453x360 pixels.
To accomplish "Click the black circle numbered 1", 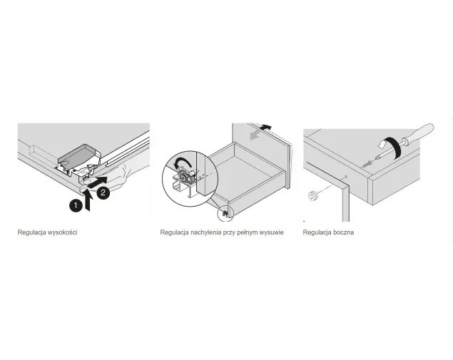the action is pos(76,205).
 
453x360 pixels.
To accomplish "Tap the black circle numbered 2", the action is pos(103,192).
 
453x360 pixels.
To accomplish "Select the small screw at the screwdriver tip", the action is pos(367,164).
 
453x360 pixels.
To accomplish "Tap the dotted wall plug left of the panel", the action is pos(313,196).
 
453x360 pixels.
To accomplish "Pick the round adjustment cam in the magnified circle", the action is pos(184,176).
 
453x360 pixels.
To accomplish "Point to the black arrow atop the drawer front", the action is pos(266,127).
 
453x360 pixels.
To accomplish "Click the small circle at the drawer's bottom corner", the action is pos(225,214).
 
